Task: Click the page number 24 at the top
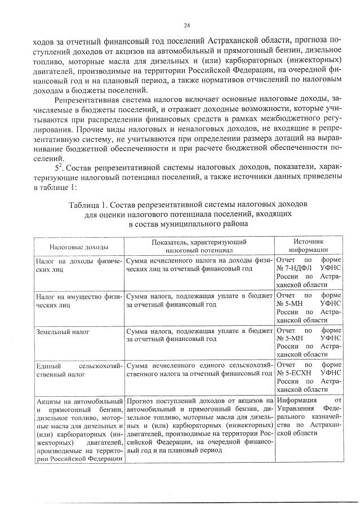click(x=186, y=25)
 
